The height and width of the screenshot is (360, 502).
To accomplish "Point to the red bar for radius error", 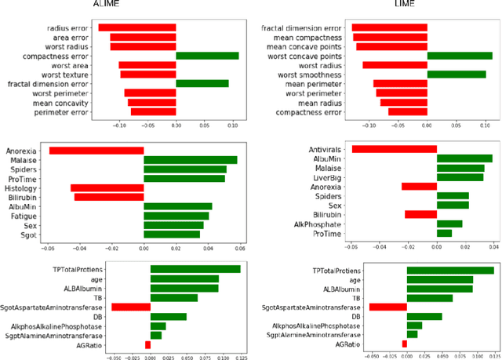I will point(136,27).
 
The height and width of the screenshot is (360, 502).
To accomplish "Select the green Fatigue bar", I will point(176,215).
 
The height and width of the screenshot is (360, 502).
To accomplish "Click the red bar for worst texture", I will point(147,74).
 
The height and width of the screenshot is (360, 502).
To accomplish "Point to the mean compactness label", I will point(307,37).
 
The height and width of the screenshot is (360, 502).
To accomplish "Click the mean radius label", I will point(319,102).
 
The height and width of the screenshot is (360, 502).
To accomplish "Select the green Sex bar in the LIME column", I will point(453,205).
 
